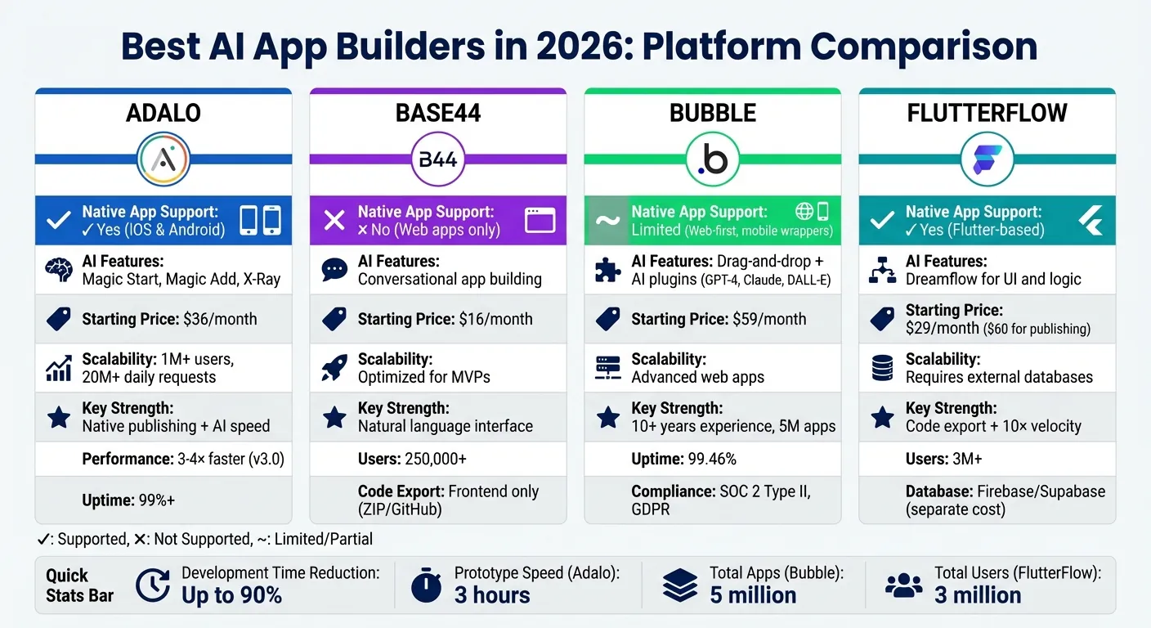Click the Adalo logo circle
(x=163, y=159)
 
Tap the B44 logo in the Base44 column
(x=438, y=159)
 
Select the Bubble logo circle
(x=712, y=159)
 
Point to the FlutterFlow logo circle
(x=987, y=159)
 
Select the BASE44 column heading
(x=438, y=113)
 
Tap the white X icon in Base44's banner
(x=334, y=221)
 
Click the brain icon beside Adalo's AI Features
(x=59, y=270)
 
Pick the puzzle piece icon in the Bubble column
(x=608, y=270)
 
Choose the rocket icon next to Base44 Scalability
(x=334, y=368)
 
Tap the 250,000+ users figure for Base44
(x=436, y=459)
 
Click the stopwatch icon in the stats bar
(x=426, y=585)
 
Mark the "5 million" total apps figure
(x=753, y=595)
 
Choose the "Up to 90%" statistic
(x=231, y=595)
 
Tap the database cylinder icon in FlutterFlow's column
(x=883, y=368)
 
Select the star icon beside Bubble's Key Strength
(x=608, y=417)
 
